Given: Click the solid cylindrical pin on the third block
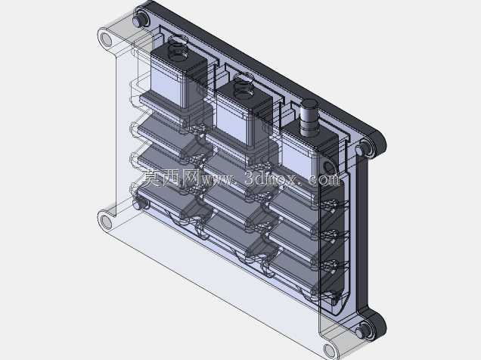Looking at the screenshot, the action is click(x=309, y=118).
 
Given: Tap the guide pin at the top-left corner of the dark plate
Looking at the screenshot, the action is click(x=140, y=20).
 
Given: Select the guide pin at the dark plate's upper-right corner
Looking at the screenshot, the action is click(x=364, y=149).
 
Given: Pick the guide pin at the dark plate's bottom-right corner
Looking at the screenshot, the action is click(x=364, y=331).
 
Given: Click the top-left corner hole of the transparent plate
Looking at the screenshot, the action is click(x=106, y=39).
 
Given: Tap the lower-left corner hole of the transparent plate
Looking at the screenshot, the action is click(x=106, y=222).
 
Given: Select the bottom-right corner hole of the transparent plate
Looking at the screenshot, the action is click(x=329, y=350).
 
